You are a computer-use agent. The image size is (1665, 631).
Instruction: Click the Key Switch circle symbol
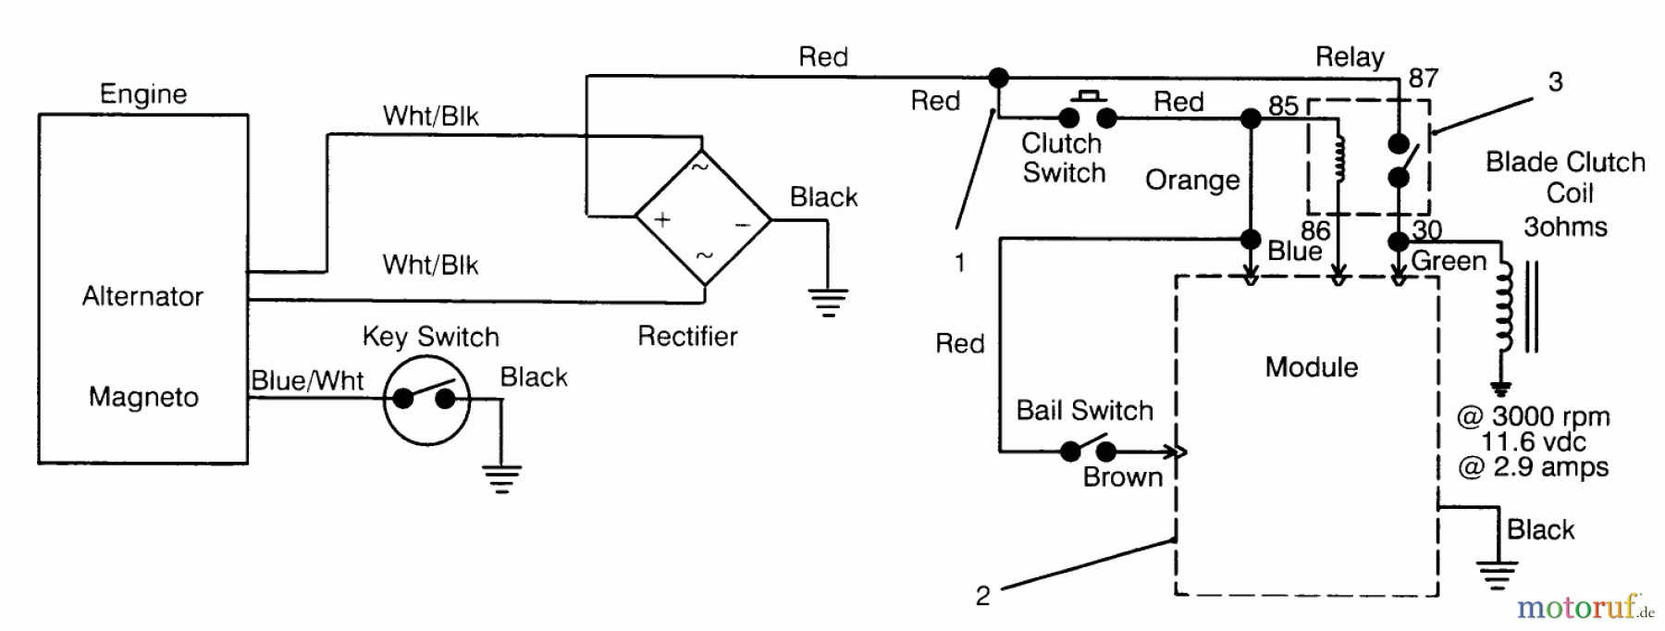[426, 400]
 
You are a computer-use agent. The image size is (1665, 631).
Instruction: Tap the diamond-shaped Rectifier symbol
[703, 220]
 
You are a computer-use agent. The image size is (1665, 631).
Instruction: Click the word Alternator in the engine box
[142, 296]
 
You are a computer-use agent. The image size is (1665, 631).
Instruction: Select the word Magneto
[143, 397]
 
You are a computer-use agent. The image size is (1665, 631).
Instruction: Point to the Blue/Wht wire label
[307, 380]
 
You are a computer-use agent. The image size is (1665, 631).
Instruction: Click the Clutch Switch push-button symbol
[1088, 113]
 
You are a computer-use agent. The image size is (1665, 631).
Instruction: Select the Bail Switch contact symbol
[1088, 450]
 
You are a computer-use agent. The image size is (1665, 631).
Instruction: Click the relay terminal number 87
[1424, 79]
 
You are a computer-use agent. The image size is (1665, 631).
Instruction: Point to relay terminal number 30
[1427, 229]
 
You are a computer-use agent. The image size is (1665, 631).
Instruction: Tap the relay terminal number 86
[1315, 230]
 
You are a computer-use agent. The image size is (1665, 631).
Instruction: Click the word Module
[1312, 367]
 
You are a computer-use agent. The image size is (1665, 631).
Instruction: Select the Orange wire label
[1192, 180]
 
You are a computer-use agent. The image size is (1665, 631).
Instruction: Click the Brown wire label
[1123, 477]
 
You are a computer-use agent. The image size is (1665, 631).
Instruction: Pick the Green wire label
[1449, 262]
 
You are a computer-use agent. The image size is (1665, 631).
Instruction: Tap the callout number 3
[1556, 82]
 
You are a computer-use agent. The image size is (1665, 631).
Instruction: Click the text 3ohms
[1565, 227]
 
